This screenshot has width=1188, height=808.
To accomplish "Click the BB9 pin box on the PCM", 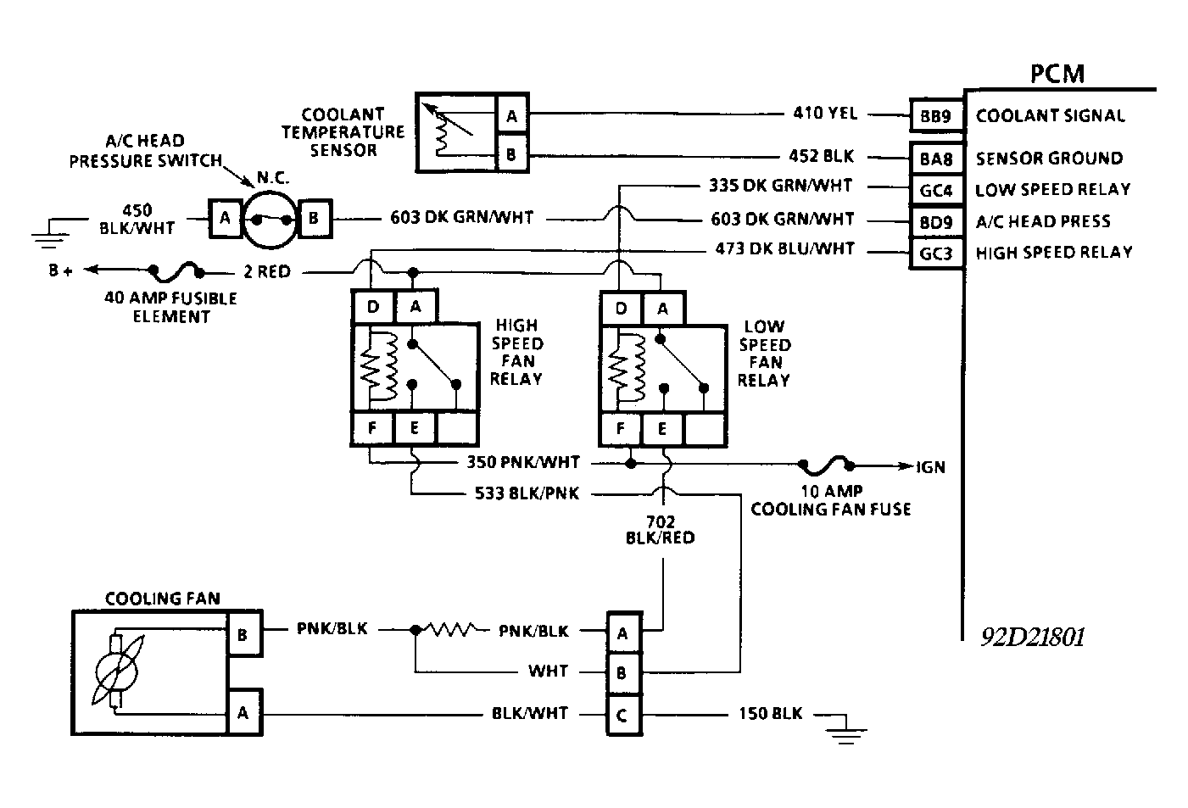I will (x=935, y=116).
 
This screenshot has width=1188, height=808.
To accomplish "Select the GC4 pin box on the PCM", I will (x=935, y=190).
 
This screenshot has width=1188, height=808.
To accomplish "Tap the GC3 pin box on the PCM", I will (x=935, y=254).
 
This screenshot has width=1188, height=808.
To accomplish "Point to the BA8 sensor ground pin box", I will (x=935, y=158).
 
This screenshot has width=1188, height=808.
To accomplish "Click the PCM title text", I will (x=1057, y=74).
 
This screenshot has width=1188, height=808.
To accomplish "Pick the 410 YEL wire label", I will (x=825, y=113).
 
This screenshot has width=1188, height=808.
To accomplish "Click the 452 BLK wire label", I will (x=821, y=156).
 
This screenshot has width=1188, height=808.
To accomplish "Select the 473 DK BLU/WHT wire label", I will (x=785, y=249).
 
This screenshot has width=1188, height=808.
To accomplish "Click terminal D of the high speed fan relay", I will (x=372, y=307).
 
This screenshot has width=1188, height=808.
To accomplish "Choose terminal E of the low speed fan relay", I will (x=662, y=429).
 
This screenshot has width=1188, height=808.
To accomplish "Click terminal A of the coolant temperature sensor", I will (x=511, y=116).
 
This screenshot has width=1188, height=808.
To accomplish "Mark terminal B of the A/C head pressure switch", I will (x=313, y=219).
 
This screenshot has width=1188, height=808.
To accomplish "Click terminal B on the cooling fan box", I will (x=242, y=634).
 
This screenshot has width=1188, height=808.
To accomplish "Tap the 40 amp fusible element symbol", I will (x=177, y=271).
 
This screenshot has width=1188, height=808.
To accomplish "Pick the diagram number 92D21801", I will (x=1032, y=637).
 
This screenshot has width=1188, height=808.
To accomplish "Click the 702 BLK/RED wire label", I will (x=659, y=528).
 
